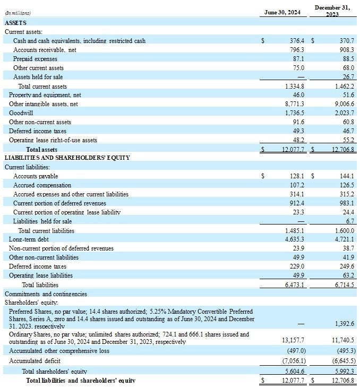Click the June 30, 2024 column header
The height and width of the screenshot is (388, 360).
pos(282,12)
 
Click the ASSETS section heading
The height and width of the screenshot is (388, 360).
pos(15,23)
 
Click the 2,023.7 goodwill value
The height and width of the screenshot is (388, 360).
pos(344,113)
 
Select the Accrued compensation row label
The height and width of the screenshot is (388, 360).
pos(42,185)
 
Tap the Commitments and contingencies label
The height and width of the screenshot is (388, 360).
pos(46,294)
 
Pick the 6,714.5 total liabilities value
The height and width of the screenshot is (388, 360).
pos(344,285)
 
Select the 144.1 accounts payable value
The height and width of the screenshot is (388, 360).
pos(346,176)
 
